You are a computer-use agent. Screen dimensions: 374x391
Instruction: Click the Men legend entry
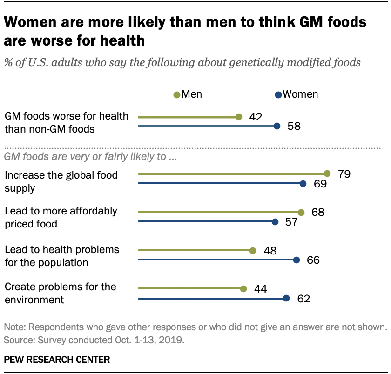tap(188, 94)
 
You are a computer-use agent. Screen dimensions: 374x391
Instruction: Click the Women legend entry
tap(296, 94)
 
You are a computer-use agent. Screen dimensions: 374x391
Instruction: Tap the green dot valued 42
tap(239, 117)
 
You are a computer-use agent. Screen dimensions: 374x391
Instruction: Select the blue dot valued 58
tap(277, 126)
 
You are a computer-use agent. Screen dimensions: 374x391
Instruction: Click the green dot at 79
tap(327, 174)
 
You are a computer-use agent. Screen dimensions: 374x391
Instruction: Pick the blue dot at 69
tap(303, 184)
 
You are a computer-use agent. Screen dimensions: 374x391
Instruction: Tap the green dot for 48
tap(253, 251)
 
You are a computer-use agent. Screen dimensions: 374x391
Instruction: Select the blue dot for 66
tap(297, 260)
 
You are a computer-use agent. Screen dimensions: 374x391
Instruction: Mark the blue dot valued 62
tap(286, 298)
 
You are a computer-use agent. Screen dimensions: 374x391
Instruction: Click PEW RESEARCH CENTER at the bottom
tap(57, 359)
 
